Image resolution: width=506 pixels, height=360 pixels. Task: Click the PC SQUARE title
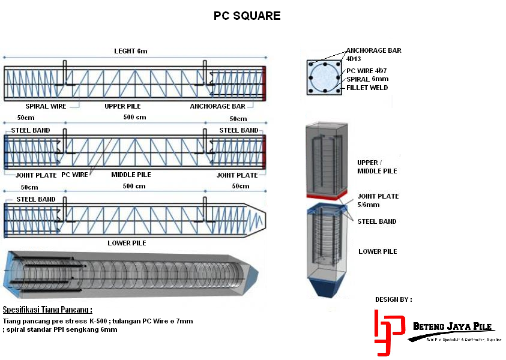(x=247, y=16)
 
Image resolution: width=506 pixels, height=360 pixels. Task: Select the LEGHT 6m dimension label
(x=130, y=52)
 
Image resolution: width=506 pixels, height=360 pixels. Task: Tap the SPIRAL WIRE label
(x=46, y=106)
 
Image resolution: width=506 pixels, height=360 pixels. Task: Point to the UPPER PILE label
(x=122, y=106)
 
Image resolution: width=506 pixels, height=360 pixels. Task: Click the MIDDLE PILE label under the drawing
(x=131, y=175)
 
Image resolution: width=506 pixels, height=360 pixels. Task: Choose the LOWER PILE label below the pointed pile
(x=127, y=243)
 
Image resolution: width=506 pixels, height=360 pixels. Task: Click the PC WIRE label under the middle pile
(x=75, y=175)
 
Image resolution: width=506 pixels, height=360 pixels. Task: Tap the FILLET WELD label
(x=367, y=88)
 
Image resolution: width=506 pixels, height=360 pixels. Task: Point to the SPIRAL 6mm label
(x=367, y=79)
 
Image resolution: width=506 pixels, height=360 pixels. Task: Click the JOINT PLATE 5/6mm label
(x=378, y=200)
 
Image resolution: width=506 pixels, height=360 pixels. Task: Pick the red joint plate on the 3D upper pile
(x=327, y=196)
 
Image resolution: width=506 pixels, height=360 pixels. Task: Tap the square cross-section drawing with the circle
(x=324, y=77)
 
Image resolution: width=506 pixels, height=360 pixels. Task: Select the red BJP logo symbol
(x=385, y=332)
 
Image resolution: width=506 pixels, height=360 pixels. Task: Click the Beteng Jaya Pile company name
(x=453, y=326)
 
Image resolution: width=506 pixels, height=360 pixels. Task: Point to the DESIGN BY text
(x=394, y=299)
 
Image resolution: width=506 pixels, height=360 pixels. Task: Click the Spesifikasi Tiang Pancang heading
(x=47, y=310)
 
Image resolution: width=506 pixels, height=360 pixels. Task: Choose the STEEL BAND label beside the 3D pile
(x=376, y=221)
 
